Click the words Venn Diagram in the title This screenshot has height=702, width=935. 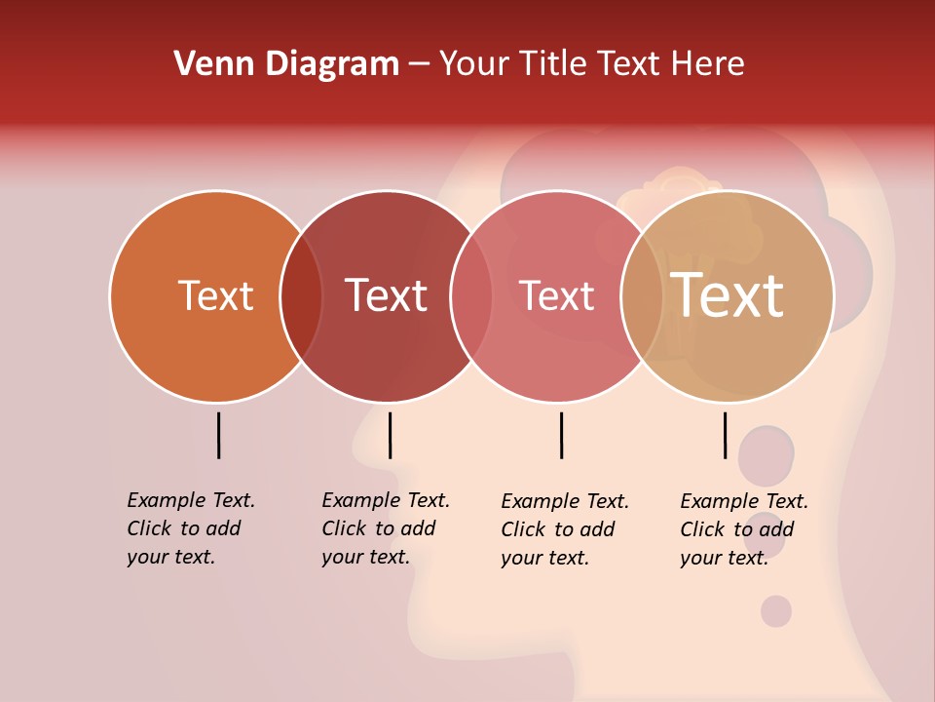286,64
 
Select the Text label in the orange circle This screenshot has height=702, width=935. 215,295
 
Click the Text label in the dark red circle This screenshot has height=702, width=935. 386,295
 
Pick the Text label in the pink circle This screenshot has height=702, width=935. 556,295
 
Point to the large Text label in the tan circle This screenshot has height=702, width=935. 728,295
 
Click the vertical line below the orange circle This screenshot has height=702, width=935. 218,435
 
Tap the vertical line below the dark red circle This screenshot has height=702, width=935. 390,435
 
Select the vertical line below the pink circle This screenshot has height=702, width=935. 561,435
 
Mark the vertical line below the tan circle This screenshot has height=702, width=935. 725,435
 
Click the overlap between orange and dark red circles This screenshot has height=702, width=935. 302,296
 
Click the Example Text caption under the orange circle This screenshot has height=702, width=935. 190,528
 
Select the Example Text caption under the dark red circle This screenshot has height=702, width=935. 385,528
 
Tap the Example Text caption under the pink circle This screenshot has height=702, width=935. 564,529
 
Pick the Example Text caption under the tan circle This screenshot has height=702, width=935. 743,529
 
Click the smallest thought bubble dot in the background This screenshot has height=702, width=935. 776,611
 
